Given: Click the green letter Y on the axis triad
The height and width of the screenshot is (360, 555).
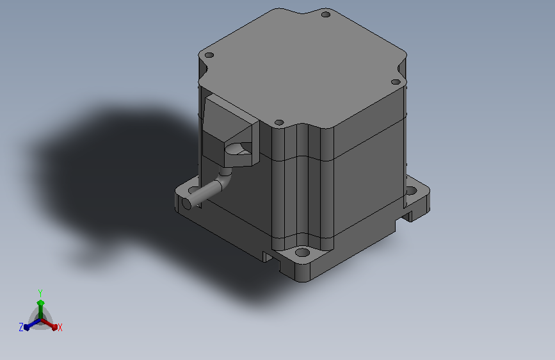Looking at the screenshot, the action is [x=40, y=293].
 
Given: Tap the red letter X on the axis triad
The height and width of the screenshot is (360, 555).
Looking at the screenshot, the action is [x=60, y=328].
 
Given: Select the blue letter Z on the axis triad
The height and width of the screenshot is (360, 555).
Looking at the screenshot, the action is [x=21, y=327].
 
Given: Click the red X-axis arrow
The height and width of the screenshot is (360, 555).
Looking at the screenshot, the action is [x=49, y=324].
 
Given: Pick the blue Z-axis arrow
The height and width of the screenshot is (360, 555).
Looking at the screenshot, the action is [x=32, y=325].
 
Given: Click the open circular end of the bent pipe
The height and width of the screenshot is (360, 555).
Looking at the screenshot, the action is [x=186, y=204].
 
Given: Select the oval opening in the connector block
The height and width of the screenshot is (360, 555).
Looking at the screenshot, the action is [x=238, y=149].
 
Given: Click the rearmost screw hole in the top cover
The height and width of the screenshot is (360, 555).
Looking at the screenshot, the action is [x=326, y=15].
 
